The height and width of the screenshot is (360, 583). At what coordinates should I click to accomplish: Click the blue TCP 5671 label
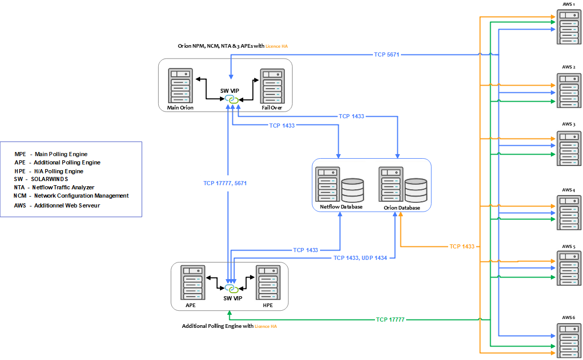coord(387,54)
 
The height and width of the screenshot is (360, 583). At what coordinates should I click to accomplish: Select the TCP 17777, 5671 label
coord(225,183)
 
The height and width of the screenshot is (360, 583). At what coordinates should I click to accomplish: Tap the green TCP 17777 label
coord(390,320)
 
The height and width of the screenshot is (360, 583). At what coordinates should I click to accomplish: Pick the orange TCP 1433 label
coord(462,246)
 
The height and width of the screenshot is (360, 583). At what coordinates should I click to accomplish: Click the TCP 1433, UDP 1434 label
coord(360,258)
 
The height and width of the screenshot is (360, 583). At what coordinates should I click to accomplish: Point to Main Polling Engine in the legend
coord(61,154)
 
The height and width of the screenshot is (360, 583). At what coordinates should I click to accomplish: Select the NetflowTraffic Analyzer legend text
coord(63,187)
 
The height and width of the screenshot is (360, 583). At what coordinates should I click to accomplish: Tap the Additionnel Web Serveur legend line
coord(66,205)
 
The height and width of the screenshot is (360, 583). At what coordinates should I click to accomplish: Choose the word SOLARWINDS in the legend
coord(49,179)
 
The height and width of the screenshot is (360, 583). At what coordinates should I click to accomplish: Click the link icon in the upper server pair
coord(231,99)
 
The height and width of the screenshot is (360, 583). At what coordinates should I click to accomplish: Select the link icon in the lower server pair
coord(231,288)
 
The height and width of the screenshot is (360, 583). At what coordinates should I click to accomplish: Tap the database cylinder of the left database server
coord(353,190)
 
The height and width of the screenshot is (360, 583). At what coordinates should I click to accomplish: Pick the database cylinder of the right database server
coord(416,190)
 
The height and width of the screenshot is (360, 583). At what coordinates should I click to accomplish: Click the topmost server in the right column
coord(569,26)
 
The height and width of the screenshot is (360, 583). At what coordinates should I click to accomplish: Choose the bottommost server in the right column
coord(569,340)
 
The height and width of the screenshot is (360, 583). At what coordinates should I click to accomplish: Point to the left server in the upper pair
coord(180,85)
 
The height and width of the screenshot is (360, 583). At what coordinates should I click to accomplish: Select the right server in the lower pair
coord(268,282)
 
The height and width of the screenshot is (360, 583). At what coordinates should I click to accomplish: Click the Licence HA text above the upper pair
coord(276,46)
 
